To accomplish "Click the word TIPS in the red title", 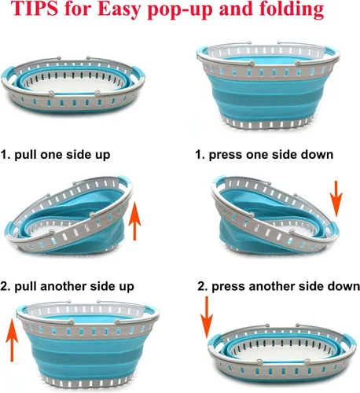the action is pos(35,9).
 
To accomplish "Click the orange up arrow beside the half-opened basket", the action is pos(134,221).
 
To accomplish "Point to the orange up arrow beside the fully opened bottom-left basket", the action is pos(12,340).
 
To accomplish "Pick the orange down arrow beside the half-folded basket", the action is pos(336,199).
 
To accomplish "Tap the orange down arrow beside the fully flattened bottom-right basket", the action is pos(207,317).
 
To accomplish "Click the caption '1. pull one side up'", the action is pos(55,155).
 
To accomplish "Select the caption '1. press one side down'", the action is pos(264,155).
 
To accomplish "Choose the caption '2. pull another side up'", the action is pos(68,286).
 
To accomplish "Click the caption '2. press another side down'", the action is pos(278,286).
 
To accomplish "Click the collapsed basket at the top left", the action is pos(73,85).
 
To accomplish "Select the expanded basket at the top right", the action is pos(268,85).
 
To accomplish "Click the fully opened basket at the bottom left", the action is pos(88,344).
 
